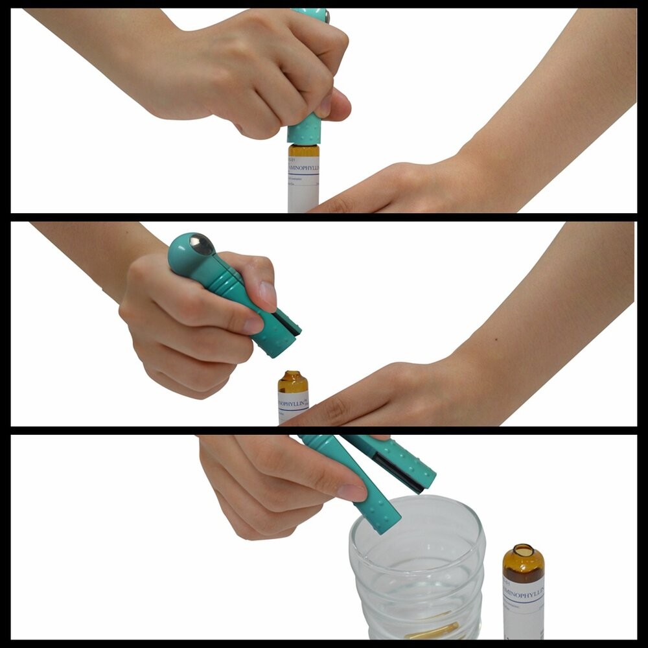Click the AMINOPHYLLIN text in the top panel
click(x=305, y=168)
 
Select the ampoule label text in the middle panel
click(x=293, y=402)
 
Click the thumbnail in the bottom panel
click(x=355, y=492)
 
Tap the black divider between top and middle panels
click(x=324, y=217)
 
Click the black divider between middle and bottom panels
click(x=324, y=430)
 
